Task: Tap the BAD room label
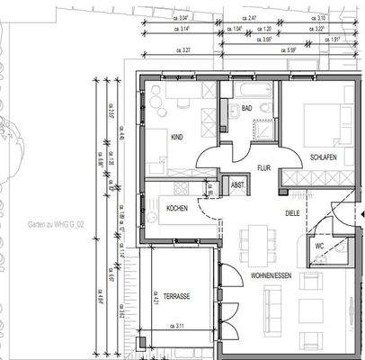(x=247, y=109)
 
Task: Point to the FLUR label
(x=263, y=167)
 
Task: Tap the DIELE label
(x=291, y=214)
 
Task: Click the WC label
(x=318, y=245)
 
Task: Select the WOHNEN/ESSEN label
(x=272, y=274)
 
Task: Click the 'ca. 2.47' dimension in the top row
(x=251, y=18)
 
